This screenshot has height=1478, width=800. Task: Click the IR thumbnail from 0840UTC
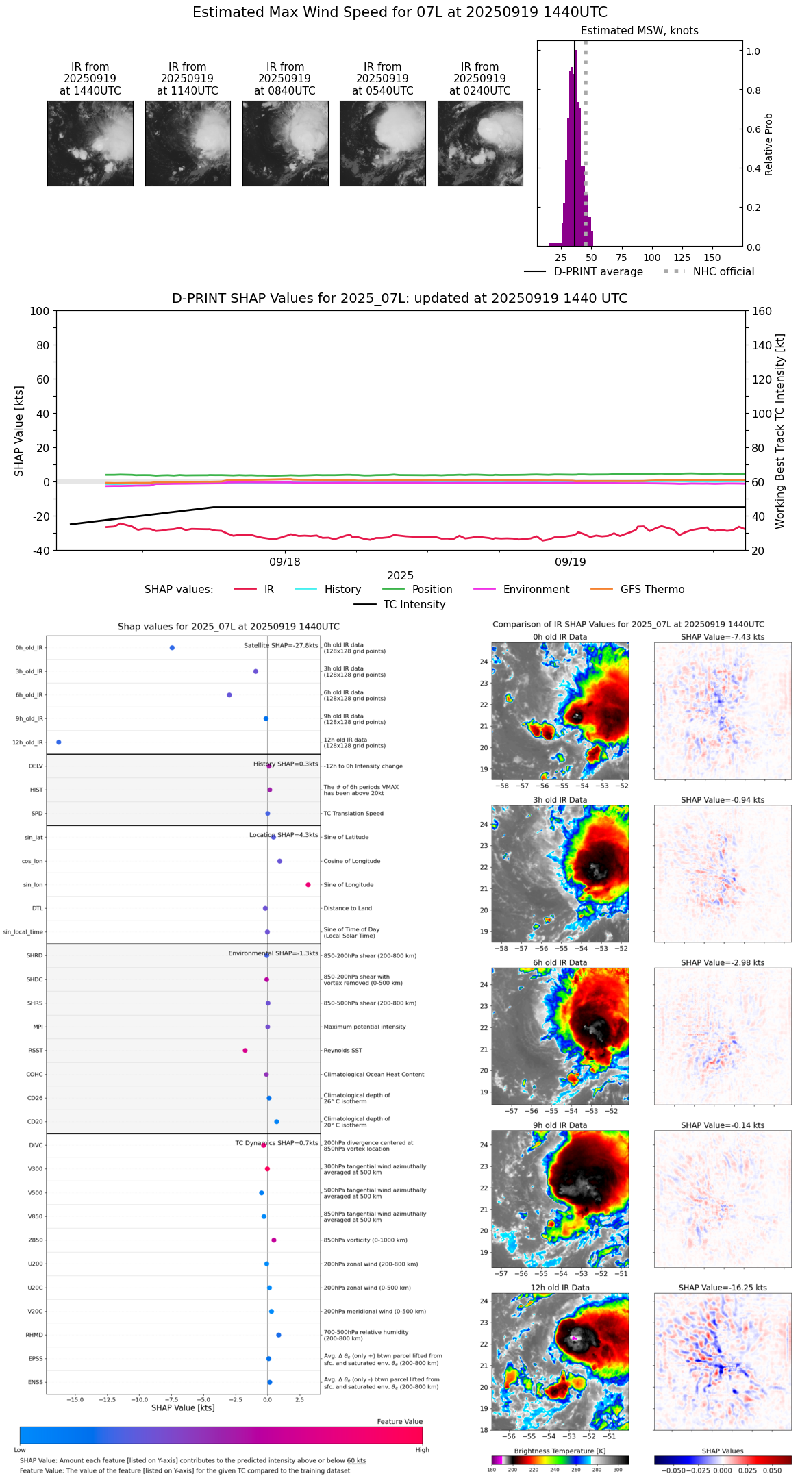point(285,143)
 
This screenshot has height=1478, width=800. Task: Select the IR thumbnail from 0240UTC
point(480,143)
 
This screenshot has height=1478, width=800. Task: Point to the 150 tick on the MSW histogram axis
point(712,258)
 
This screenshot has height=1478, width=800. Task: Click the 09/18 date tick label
point(284,562)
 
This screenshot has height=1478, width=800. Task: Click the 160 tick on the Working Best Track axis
point(762,312)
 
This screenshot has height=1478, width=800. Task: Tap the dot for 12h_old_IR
point(58,742)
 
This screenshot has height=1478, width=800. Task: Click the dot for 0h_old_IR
point(172,648)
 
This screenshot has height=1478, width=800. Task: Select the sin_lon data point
point(308,885)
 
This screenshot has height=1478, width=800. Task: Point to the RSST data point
point(245,1051)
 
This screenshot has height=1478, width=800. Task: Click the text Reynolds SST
point(342,1051)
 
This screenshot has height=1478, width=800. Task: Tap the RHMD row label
point(34,1335)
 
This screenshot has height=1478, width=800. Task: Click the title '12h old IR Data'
point(560,1288)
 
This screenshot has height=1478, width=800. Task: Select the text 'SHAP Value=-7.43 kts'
point(723,637)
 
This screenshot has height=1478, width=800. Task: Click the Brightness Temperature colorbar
point(560,1460)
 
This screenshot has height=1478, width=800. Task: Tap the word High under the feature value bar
point(422,1450)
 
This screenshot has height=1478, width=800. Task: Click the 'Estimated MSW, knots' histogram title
point(639,31)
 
